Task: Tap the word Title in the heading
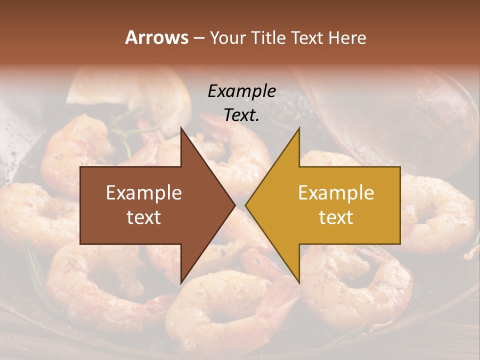(268, 37)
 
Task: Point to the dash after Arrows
(199, 38)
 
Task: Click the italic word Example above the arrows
(241, 91)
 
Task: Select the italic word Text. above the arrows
(241, 115)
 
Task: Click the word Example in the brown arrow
(143, 193)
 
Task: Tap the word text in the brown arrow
(143, 217)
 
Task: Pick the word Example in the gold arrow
(336, 193)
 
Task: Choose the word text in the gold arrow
(336, 217)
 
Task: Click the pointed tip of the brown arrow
(233, 205)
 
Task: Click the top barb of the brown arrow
(182, 131)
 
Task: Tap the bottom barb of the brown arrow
(182, 280)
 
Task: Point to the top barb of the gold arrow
(298, 131)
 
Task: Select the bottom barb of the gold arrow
(298, 280)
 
